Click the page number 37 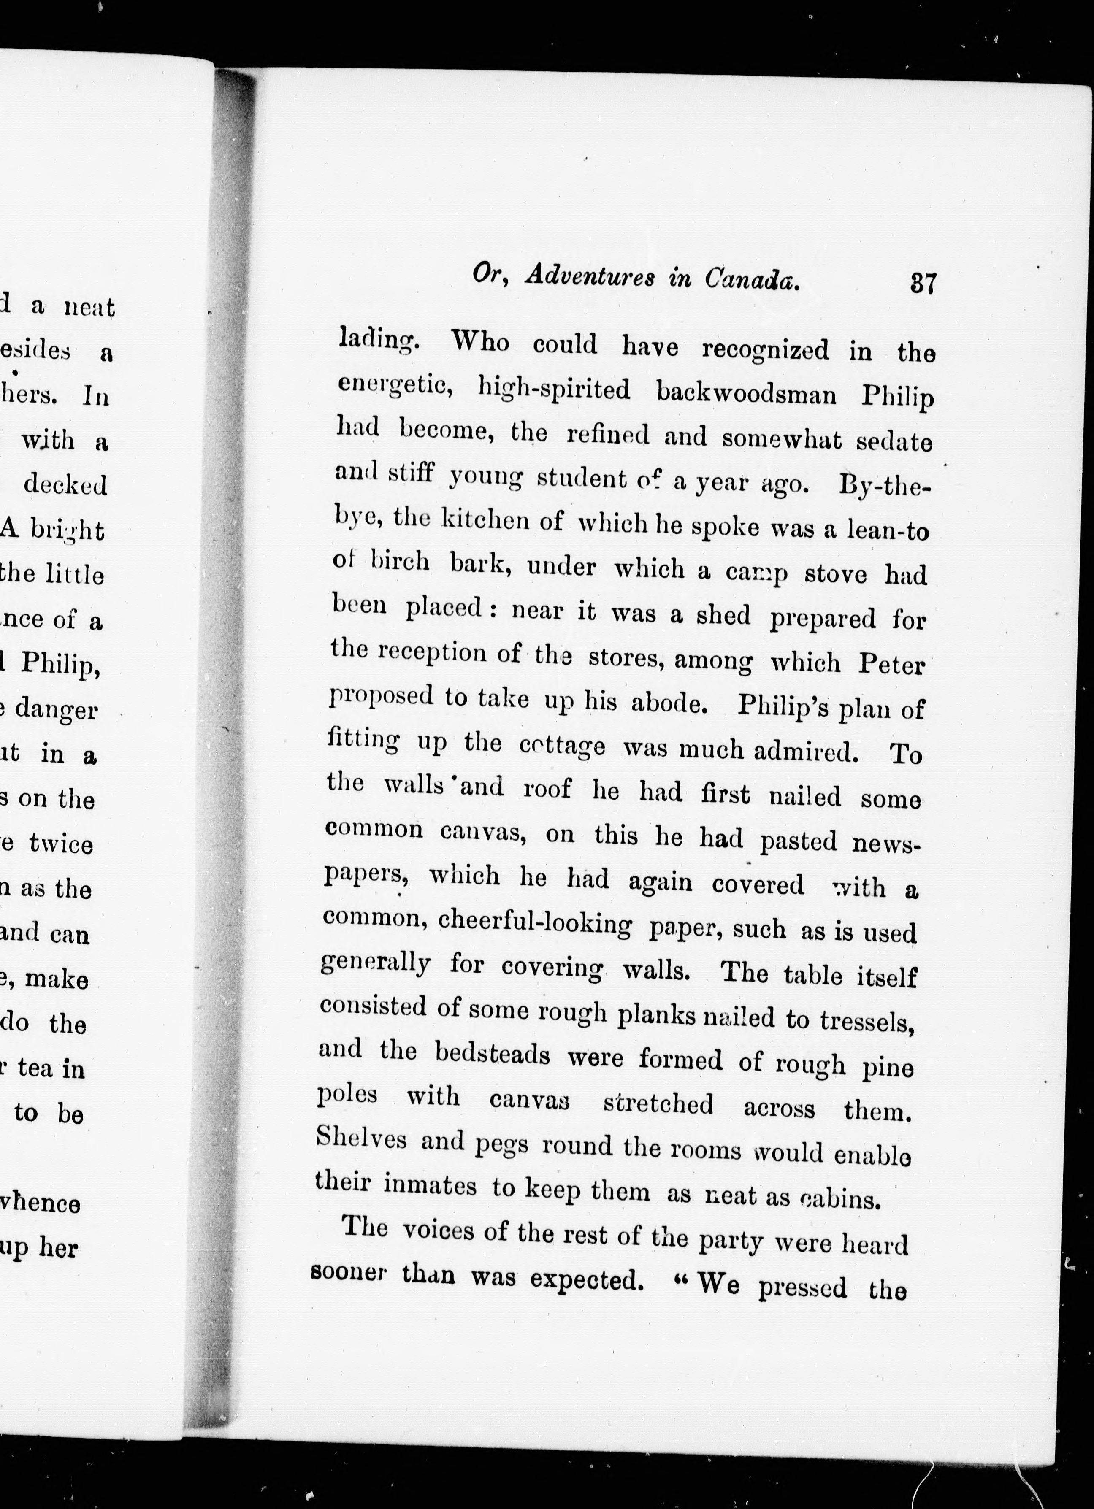(x=923, y=284)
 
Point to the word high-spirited (x=554, y=389)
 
